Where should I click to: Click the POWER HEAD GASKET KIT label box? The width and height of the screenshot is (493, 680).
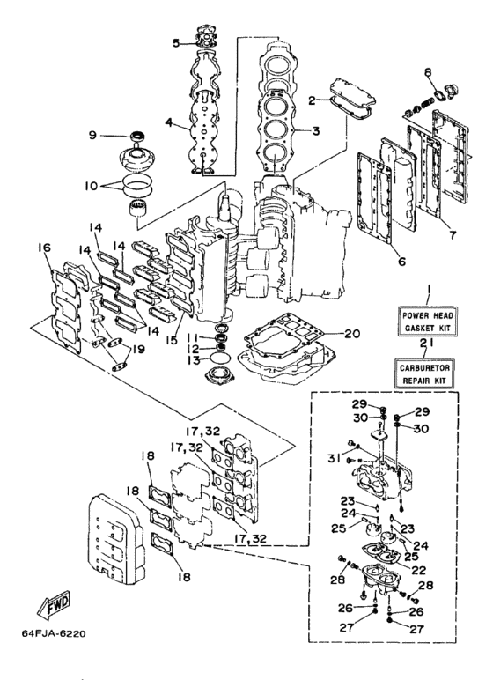pos(428,321)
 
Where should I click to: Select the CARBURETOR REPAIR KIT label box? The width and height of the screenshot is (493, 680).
pos(424,373)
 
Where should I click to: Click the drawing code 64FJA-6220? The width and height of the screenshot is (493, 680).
pos(54,634)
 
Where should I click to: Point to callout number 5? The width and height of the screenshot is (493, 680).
pos(176,43)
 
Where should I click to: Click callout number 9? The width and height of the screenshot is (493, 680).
pos(92,136)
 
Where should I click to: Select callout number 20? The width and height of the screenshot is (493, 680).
pos(352,334)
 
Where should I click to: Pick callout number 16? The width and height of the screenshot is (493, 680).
pos(44,248)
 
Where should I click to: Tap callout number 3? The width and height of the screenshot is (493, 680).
pos(316,130)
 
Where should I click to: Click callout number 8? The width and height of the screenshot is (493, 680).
pos(428,72)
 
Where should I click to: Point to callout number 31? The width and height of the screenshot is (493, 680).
pos(334,457)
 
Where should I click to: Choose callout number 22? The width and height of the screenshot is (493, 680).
pos(419,570)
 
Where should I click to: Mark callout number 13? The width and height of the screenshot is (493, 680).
pos(194,360)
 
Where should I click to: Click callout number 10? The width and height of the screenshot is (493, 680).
pos(92,187)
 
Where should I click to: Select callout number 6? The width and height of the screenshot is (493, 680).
pos(402,262)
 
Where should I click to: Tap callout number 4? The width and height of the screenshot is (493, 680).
pos(169,122)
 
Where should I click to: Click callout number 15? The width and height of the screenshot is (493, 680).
pos(172,340)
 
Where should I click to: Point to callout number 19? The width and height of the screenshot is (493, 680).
pos(138,349)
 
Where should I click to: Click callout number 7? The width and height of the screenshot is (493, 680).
pos(453,235)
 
